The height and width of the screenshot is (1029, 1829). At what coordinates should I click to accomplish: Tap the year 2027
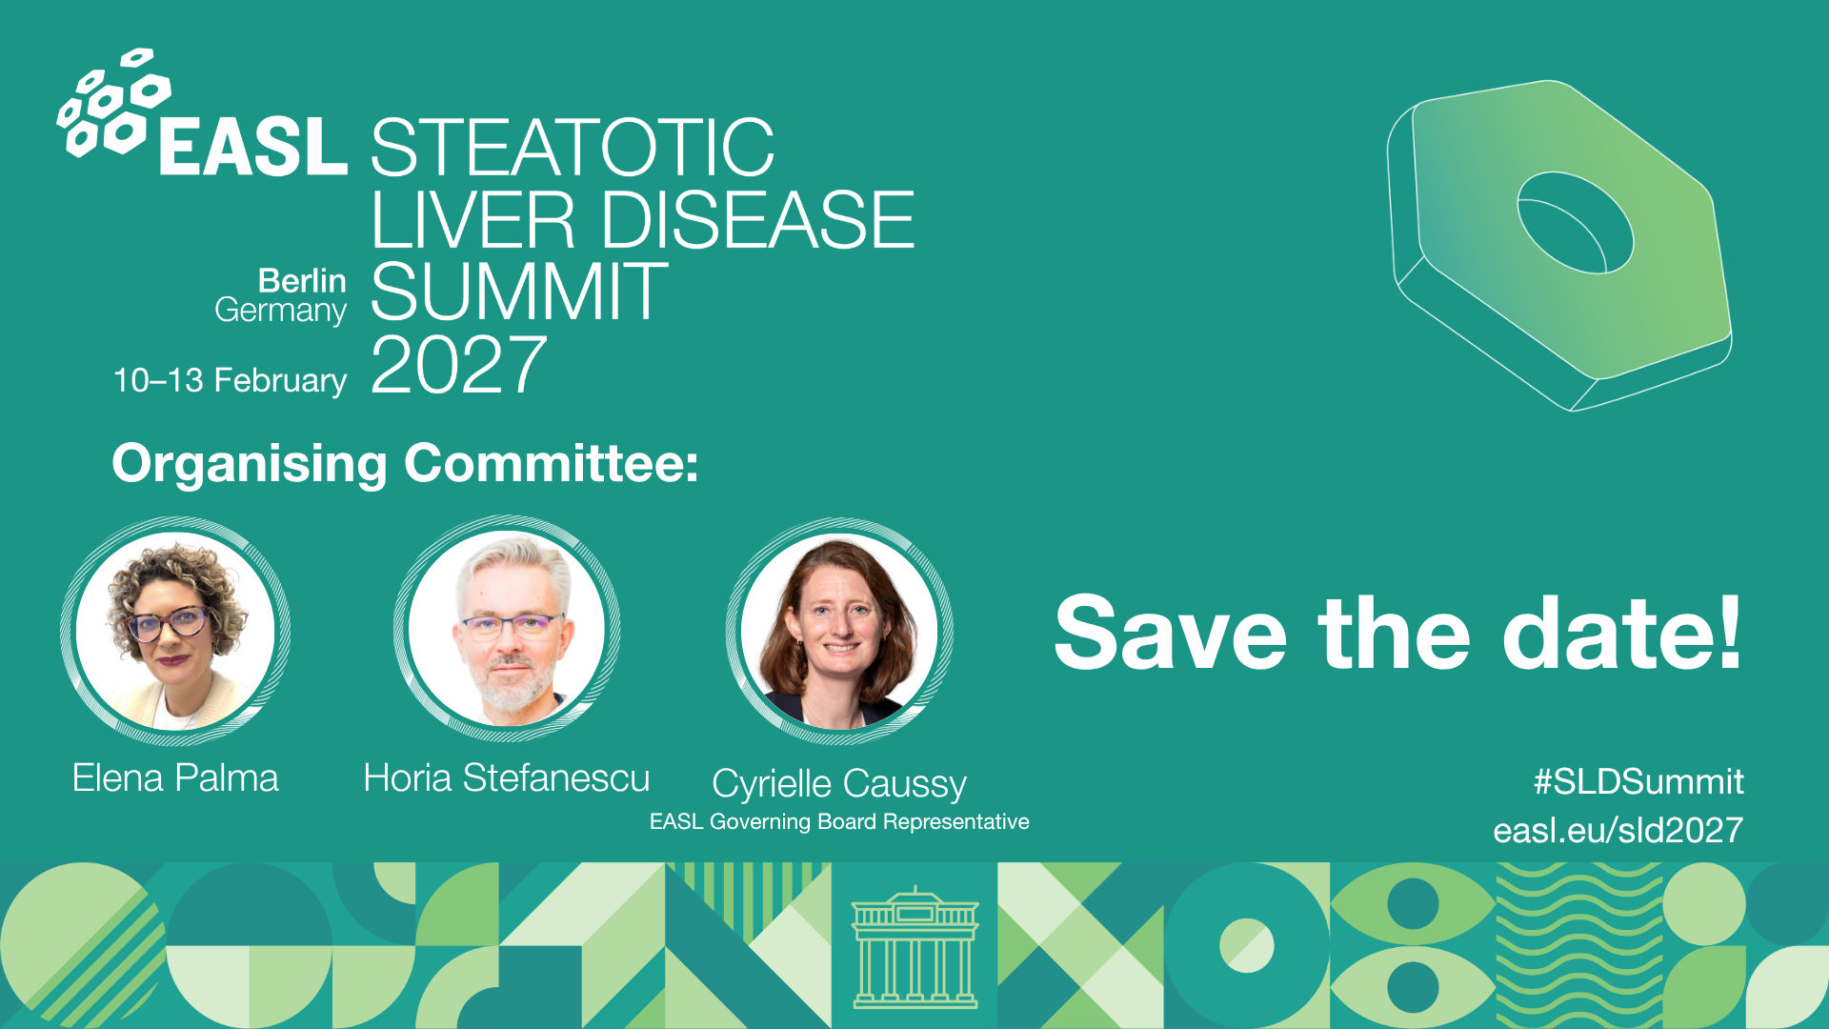click(x=459, y=365)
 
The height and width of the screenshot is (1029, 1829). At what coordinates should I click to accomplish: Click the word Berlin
click(x=302, y=281)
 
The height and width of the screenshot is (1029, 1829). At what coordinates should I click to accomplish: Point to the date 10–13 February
click(x=230, y=380)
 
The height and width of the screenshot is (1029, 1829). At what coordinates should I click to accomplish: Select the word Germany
click(x=280, y=311)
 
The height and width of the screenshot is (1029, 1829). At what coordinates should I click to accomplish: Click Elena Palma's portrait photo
click(x=175, y=631)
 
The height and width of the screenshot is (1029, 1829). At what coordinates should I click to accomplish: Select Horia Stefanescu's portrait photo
click(x=507, y=630)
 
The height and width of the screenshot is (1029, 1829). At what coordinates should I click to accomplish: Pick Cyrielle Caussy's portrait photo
click(x=839, y=631)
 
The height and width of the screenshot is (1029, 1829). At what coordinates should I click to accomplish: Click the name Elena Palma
click(x=175, y=778)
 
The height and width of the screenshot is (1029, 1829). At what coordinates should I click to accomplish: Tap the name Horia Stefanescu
click(x=507, y=778)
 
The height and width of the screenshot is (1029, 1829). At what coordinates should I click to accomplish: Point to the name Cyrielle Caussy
click(x=839, y=784)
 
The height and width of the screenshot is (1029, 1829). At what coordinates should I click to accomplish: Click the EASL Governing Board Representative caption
click(x=839, y=821)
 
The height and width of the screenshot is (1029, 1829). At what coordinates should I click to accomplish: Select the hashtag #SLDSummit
click(x=1638, y=781)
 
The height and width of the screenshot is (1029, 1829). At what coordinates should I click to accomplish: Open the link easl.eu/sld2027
click(x=1618, y=830)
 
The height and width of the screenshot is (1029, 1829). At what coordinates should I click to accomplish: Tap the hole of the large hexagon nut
click(x=1575, y=223)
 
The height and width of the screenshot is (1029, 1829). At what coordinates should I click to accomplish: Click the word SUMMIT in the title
click(x=519, y=292)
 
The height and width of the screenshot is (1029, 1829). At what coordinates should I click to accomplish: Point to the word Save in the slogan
click(x=1170, y=633)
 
